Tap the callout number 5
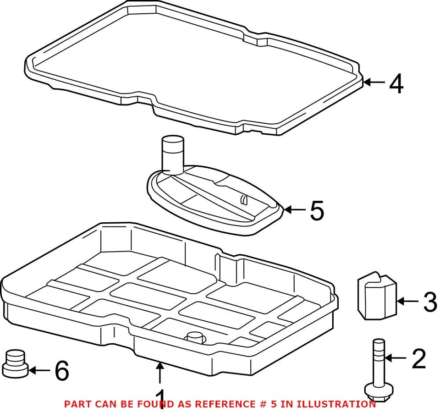tap(317, 210)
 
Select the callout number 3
tap(429, 302)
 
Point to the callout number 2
tap(418, 359)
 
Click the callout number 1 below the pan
tap(159, 399)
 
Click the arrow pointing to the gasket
tap(375, 82)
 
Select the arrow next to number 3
tap(407, 301)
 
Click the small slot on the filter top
tap(244, 198)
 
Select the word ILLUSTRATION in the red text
tap(336, 404)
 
